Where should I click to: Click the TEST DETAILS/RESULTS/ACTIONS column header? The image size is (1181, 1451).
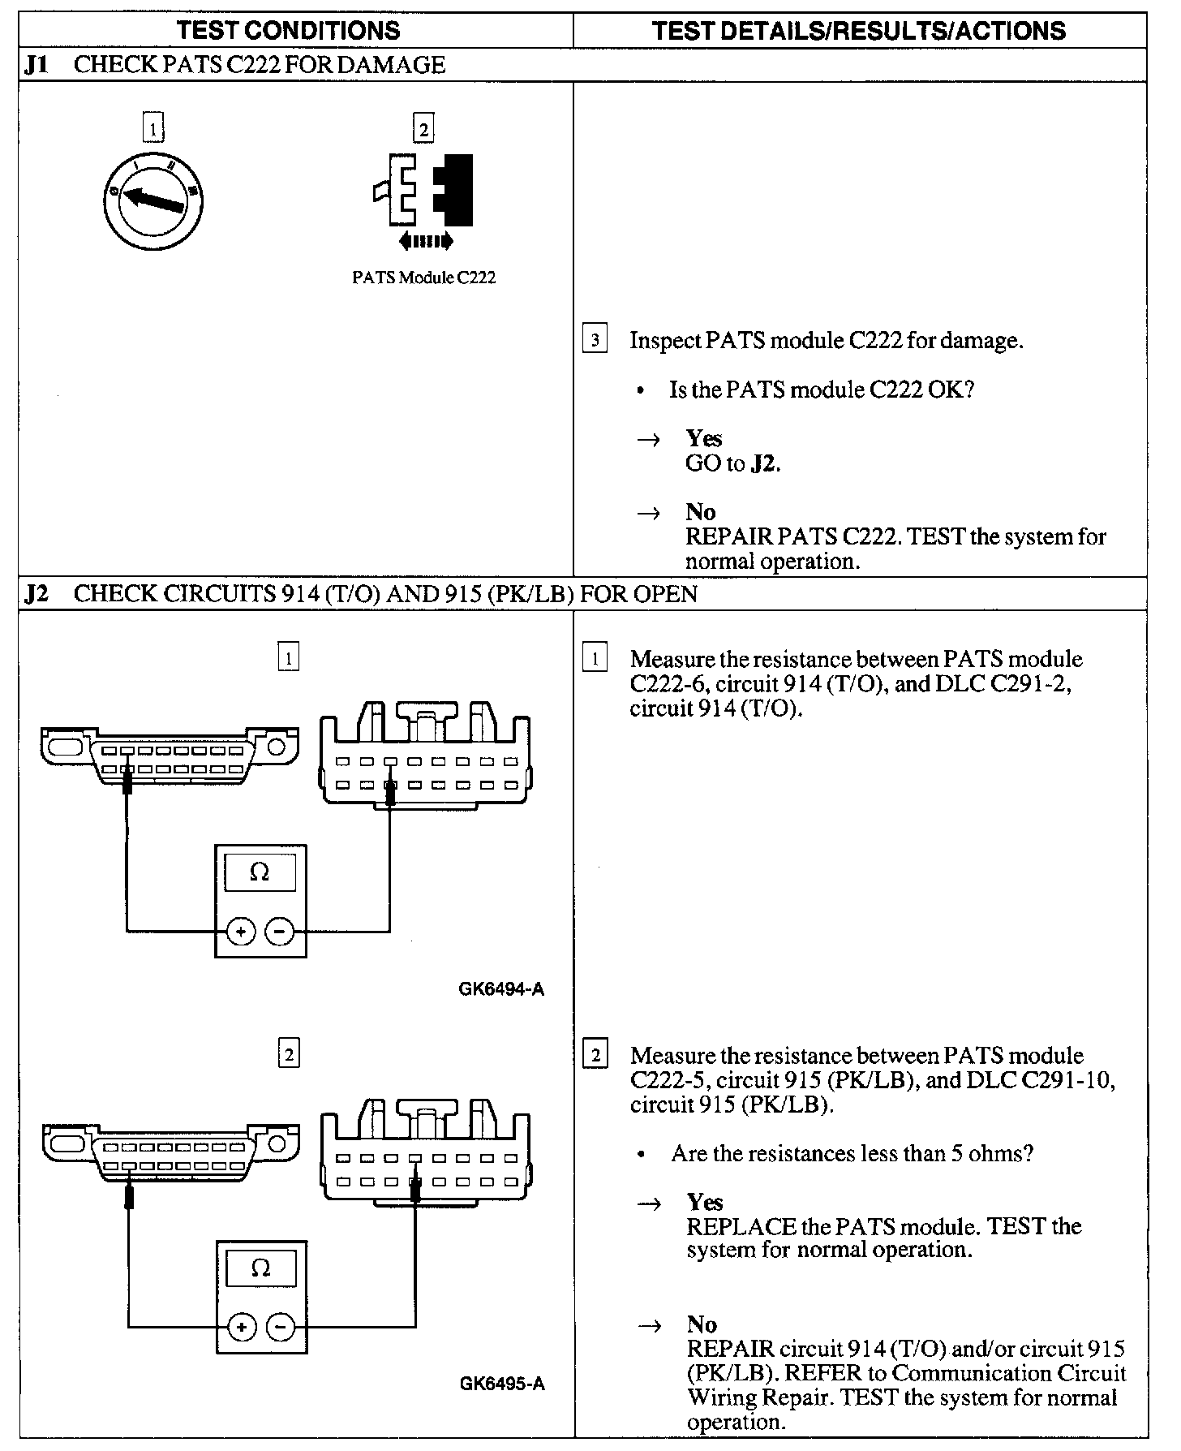pyautogui.click(x=859, y=31)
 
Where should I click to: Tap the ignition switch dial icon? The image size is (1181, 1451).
pyautogui.click(x=153, y=200)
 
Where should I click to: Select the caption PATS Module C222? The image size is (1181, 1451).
pyautogui.click(x=423, y=278)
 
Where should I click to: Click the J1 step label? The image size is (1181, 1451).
pyautogui.click(x=37, y=65)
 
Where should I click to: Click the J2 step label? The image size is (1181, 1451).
pyautogui.click(x=37, y=594)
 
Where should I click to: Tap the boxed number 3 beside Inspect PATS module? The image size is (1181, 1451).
pyautogui.click(x=595, y=340)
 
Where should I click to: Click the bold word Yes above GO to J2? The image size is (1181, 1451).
pyautogui.click(x=703, y=438)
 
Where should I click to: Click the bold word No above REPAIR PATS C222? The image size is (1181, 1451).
pyautogui.click(x=701, y=512)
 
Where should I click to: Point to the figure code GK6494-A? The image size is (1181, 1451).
pyautogui.click(x=501, y=989)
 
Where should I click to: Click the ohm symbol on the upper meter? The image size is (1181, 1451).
pyautogui.click(x=260, y=873)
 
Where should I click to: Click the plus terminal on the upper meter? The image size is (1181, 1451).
pyautogui.click(x=241, y=932)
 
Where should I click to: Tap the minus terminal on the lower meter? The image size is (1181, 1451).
pyautogui.click(x=281, y=1328)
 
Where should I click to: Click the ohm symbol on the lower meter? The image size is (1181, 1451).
pyautogui.click(x=260, y=1268)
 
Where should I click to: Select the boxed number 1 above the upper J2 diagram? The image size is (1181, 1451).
pyautogui.click(x=289, y=657)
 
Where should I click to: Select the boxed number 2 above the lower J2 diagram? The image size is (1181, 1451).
pyautogui.click(x=289, y=1054)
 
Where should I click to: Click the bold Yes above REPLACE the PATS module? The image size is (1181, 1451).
pyautogui.click(x=704, y=1202)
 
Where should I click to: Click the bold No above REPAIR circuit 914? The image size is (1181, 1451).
pyautogui.click(x=702, y=1324)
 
